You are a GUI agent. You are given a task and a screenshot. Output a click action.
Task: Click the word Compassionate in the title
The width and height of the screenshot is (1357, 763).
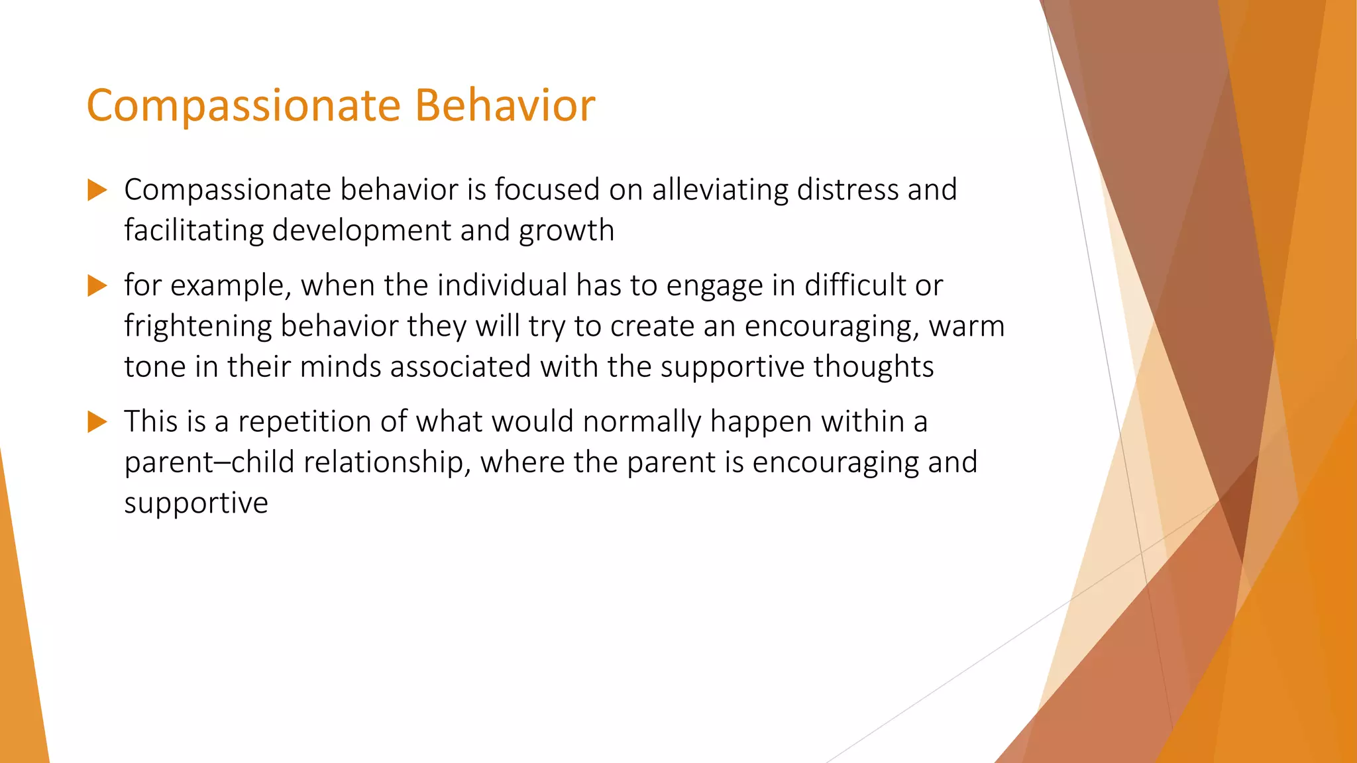point(243,106)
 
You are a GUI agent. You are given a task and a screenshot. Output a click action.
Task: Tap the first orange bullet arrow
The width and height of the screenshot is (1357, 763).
point(97,190)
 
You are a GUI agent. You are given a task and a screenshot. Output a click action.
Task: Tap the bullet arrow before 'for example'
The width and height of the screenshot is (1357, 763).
point(97,285)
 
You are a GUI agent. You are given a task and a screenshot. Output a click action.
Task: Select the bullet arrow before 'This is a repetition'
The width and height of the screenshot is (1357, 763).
point(97,421)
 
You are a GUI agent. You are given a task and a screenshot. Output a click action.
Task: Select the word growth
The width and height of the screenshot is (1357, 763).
point(567,231)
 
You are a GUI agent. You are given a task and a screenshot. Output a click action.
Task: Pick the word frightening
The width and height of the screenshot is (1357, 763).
point(198,327)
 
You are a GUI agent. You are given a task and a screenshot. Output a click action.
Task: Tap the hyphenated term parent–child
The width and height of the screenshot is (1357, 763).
point(209,462)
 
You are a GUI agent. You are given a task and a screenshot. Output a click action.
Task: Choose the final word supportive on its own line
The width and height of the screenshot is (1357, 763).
point(196,503)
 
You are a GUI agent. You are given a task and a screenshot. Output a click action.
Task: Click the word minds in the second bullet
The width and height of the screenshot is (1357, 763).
point(340,367)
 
